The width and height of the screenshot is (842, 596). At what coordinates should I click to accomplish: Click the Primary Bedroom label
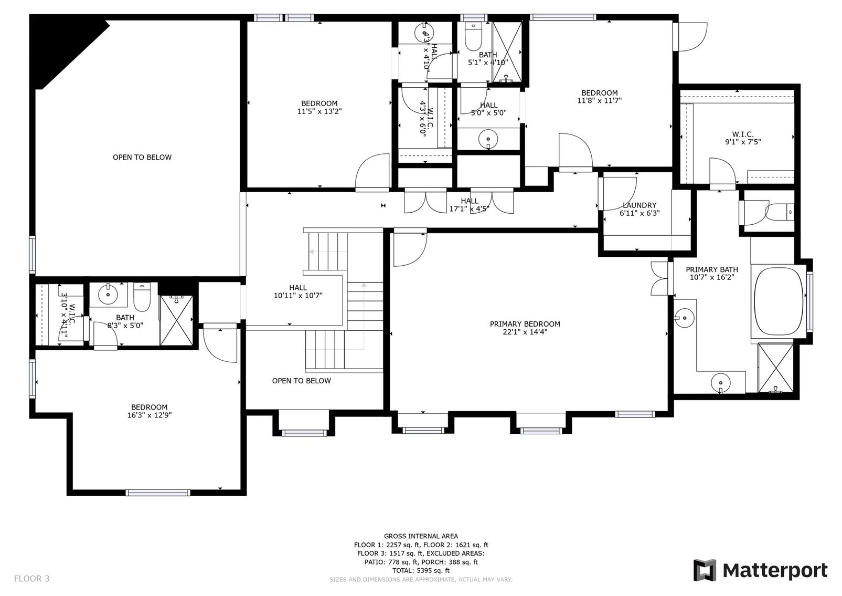(x=525, y=324)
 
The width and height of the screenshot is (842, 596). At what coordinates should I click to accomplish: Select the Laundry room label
(x=639, y=205)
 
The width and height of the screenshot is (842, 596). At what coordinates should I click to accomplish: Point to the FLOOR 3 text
(x=31, y=579)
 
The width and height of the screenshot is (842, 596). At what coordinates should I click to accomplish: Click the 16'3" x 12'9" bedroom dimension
(x=149, y=415)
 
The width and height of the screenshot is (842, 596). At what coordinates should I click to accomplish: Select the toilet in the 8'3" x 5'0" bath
(x=142, y=298)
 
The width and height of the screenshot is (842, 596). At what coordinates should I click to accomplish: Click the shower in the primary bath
(x=776, y=367)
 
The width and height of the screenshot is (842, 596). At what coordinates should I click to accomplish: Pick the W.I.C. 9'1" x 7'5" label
(x=742, y=138)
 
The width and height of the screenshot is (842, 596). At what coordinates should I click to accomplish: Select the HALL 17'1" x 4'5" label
(x=470, y=205)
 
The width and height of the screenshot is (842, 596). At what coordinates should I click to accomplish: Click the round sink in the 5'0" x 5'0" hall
(x=488, y=138)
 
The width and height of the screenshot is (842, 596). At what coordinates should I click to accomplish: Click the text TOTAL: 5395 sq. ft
(x=420, y=570)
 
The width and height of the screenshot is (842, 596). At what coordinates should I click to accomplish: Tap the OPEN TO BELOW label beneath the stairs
(x=301, y=381)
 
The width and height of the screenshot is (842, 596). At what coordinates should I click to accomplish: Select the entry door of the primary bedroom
(x=410, y=248)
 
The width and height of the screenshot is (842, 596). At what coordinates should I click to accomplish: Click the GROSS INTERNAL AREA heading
(x=420, y=536)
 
